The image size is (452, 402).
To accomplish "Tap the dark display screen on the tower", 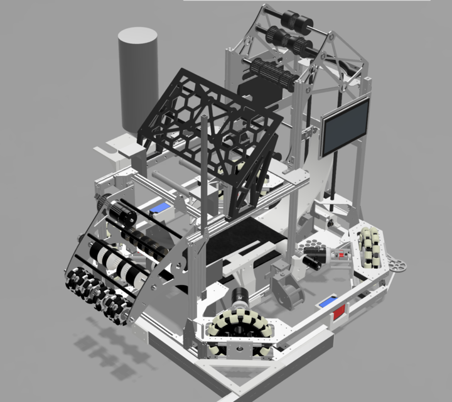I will coord(345,128).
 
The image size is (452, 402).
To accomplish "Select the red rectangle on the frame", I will coord(339,313).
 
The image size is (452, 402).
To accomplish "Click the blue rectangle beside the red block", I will coord(326,303).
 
